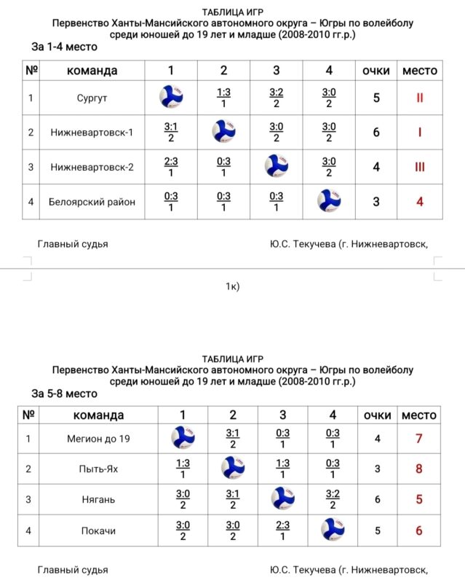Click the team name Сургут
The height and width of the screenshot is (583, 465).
92,98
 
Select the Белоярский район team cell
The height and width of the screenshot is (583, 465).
92,202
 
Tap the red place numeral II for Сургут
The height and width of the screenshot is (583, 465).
420,98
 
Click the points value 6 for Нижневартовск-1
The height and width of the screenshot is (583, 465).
376,133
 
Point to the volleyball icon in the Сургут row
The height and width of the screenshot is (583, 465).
171,97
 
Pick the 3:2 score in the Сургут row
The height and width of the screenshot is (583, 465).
277,93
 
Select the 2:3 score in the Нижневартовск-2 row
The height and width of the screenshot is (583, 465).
171,162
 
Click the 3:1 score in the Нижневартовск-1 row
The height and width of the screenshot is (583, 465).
171,127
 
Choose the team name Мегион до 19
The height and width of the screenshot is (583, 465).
98,439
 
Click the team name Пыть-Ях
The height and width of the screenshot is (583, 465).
98,469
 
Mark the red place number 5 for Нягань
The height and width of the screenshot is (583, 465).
419,500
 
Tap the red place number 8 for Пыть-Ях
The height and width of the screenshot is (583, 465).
419,469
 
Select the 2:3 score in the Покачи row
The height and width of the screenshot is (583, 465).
283,525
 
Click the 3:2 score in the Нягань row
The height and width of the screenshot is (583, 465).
333,495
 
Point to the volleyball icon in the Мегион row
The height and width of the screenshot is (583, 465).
183,438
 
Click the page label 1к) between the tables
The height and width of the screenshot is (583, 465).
232,286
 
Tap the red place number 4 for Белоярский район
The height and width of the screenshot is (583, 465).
420,202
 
